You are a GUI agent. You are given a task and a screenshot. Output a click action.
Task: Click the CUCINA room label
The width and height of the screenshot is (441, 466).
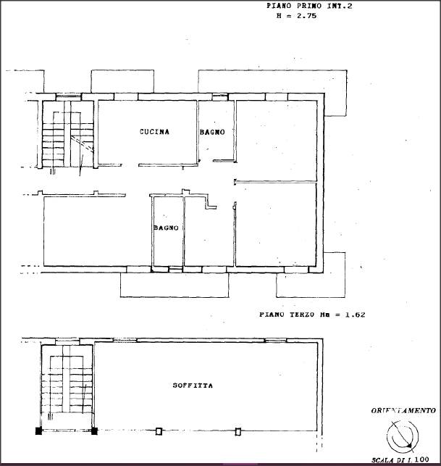(154, 132)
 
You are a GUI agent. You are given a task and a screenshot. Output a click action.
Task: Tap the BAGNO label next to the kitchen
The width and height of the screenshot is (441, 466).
(212, 132)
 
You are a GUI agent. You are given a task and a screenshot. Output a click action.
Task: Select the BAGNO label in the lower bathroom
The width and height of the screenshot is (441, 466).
(167, 228)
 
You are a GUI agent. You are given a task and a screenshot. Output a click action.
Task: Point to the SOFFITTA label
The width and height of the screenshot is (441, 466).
(193, 386)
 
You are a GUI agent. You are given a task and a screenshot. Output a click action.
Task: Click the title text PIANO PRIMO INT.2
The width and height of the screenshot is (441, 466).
(309, 6)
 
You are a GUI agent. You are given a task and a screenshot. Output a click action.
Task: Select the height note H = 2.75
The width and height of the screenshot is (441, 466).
(296, 16)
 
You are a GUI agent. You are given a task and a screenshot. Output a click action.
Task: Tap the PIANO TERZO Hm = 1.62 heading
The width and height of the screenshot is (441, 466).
(312, 315)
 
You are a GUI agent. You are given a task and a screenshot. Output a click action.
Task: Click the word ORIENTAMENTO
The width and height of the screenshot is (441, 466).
(403, 411)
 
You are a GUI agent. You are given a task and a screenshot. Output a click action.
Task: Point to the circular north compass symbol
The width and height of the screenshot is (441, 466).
(403, 436)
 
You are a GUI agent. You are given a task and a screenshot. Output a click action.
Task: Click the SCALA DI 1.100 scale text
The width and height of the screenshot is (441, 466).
(400, 460)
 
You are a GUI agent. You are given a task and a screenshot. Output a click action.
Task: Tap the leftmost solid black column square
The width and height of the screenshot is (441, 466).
(38, 431)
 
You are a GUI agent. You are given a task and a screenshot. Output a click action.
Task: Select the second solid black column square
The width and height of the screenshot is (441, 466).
(94, 431)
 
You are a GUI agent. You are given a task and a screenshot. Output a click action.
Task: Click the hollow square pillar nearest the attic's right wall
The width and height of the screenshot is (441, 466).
(238, 431)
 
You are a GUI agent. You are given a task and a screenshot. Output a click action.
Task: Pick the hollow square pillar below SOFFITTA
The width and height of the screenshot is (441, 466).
(159, 431)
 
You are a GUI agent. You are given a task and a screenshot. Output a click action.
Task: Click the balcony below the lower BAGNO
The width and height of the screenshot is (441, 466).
(175, 285)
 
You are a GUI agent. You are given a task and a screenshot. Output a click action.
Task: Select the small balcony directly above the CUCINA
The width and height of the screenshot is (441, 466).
(122, 81)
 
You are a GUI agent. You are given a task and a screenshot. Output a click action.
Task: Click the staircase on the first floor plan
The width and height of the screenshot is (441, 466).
(68, 135)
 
